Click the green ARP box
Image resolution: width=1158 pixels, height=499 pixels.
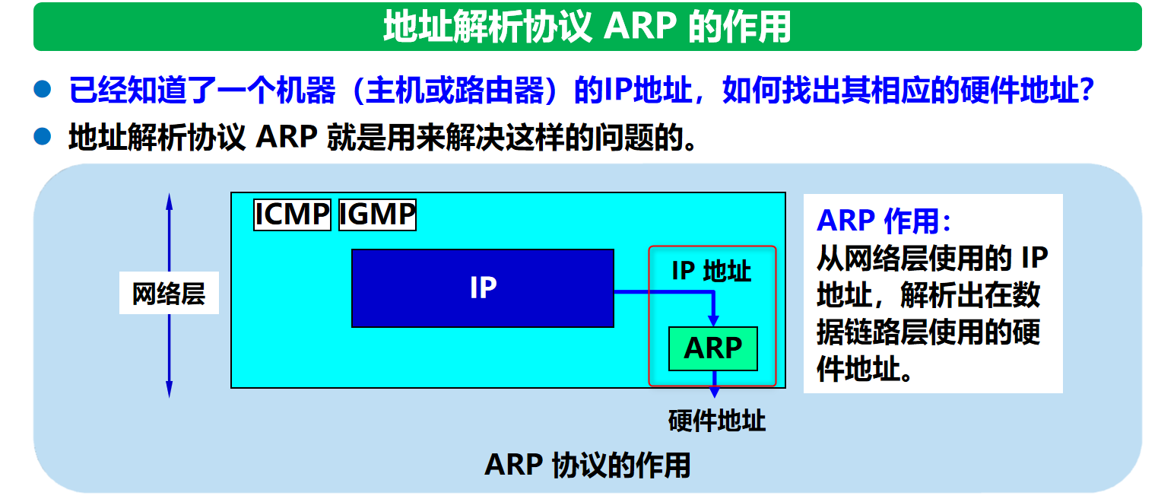click(712, 348)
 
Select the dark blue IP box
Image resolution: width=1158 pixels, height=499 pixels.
click(482, 288)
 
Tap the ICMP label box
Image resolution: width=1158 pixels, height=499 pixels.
click(292, 215)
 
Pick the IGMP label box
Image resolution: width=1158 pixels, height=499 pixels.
click(377, 215)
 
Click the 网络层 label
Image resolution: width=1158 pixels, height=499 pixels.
click(169, 293)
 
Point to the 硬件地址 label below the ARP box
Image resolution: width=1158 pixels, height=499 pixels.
click(716, 421)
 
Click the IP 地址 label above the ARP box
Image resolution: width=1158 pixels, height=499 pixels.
click(712, 271)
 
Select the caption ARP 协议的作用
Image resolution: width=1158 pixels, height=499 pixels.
click(587, 464)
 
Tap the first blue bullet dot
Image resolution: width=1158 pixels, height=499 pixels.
click(43, 91)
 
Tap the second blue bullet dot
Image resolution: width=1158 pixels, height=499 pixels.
click(43, 137)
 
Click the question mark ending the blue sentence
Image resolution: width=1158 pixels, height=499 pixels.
click(1087, 91)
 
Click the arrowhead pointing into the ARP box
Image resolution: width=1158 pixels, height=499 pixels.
click(713, 319)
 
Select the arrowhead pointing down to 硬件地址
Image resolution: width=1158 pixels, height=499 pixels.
click(714, 391)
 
